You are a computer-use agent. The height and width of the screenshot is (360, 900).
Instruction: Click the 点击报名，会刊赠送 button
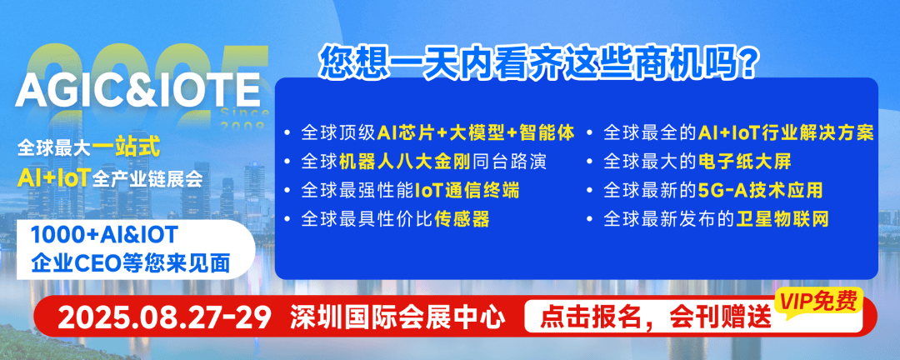[x=656, y=317]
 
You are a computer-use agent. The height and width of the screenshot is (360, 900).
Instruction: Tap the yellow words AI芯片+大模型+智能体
[x=477, y=133]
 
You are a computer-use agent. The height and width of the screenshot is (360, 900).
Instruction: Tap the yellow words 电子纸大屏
[x=745, y=162]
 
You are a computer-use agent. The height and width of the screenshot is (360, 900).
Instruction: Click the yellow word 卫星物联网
[x=782, y=219]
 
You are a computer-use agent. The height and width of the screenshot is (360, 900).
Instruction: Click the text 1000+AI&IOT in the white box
[x=105, y=236]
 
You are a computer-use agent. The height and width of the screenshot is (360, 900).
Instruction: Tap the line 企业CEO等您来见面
[x=131, y=263]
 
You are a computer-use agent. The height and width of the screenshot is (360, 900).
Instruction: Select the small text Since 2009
[x=245, y=117]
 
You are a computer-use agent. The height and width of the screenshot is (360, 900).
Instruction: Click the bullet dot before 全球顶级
[x=287, y=134]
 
